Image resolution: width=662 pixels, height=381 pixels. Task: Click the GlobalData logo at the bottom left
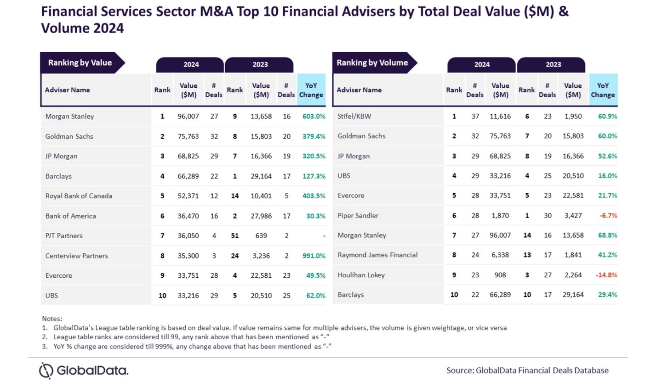point(84,370)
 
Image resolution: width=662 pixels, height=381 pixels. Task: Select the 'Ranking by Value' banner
point(80,63)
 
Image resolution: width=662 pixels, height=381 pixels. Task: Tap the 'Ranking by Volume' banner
point(372,63)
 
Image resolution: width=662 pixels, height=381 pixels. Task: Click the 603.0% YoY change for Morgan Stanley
point(314,117)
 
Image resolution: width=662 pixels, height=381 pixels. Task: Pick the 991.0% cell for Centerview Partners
point(314,256)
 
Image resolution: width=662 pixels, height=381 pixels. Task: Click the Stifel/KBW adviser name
point(354,117)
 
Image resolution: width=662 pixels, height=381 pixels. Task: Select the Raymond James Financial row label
point(377,255)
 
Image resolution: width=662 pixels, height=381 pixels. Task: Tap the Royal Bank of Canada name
point(79,196)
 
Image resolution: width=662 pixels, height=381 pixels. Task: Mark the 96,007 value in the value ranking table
point(188,117)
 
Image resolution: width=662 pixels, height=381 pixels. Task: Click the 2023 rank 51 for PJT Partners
point(234,235)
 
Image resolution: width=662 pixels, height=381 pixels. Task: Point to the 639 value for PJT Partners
point(261,235)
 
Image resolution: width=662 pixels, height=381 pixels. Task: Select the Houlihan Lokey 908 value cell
point(500,275)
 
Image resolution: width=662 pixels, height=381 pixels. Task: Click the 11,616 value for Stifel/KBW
point(500,117)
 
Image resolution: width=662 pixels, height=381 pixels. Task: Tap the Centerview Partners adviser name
point(76,256)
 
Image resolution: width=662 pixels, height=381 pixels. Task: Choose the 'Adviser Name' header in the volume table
point(359,90)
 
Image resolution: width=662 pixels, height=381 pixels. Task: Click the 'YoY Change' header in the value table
point(311,90)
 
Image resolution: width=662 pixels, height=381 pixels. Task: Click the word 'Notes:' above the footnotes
point(52,319)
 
